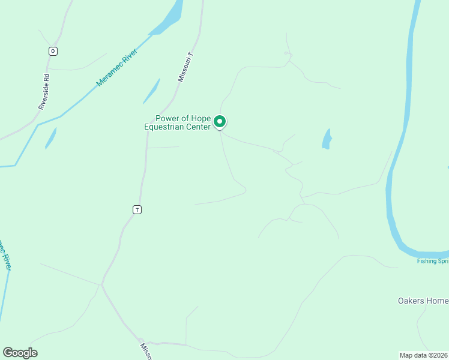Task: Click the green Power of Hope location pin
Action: (220, 122)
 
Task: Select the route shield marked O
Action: (53, 51)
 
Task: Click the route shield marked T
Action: (137, 209)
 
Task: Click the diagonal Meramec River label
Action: (117, 67)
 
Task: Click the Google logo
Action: (20, 353)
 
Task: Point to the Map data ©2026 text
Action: (424, 355)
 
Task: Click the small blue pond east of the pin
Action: (327, 139)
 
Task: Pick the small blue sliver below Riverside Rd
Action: (50, 138)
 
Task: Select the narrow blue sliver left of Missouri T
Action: (151, 92)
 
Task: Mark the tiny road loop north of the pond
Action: (288, 55)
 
